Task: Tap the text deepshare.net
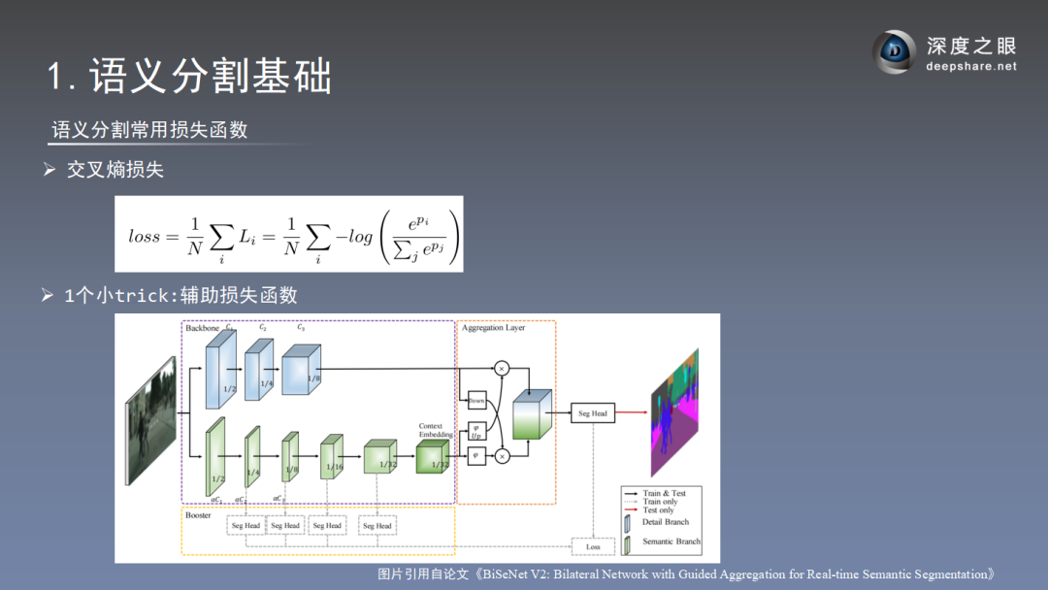click(x=971, y=67)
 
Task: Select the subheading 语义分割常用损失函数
click(x=149, y=129)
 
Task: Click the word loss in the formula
click(x=145, y=236)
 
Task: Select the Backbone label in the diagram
click(x=202, y=328)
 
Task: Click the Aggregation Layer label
click(x=493, y=328)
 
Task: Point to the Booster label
click(x=198, y=515)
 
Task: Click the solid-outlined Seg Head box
click(x=592, y=413)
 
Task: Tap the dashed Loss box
click(x=592, y=547)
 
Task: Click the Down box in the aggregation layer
click(x=476, y=400)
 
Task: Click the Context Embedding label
click(x=431, y=430)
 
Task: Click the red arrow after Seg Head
click(x=631, y=413)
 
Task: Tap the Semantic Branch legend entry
click(x=671, y=541)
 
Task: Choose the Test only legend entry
click(x=659, y=510)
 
